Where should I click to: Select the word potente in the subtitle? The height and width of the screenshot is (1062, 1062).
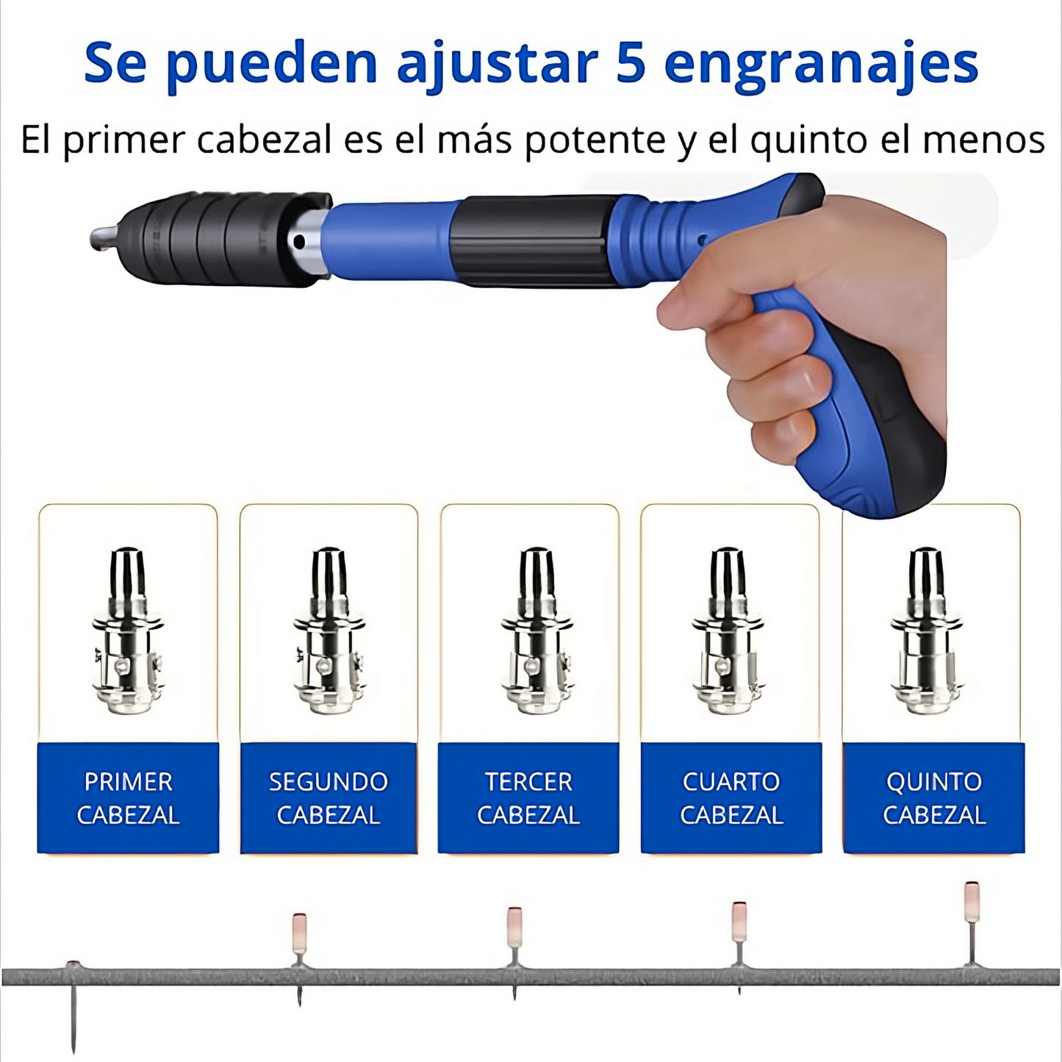point(595,140)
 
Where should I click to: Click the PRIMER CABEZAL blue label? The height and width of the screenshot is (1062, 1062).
point(128,797)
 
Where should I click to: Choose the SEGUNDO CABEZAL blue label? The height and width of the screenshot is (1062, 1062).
point(329,797)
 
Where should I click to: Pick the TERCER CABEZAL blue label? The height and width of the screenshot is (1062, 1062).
point(528,797)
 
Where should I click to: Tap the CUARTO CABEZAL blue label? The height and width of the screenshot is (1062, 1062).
point(731,797)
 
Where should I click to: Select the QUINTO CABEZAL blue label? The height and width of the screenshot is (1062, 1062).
point(933,797)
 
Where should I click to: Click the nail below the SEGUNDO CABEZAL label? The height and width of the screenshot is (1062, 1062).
point(299,955)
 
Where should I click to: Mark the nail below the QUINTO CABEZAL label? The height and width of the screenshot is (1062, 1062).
point(972,926)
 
